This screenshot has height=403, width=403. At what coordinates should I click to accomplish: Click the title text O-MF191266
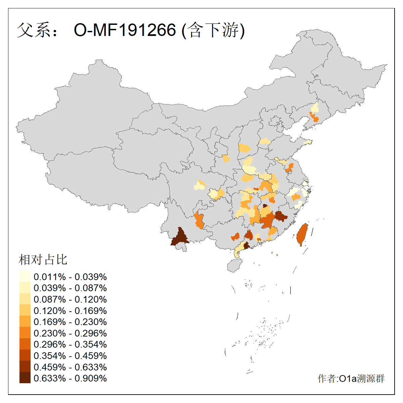(125, 30)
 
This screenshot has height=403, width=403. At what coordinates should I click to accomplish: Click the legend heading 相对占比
(43, 260)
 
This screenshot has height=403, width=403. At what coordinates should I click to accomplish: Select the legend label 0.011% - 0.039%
(70, 277)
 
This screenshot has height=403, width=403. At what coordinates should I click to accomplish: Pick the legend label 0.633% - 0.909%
(70, 378)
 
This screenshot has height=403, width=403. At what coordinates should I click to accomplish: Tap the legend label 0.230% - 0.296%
(70, 333)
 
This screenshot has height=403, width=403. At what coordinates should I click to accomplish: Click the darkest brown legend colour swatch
(25, 378)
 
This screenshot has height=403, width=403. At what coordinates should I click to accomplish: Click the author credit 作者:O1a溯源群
(351, 378)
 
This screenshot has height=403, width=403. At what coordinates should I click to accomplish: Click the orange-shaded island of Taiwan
(301, 234)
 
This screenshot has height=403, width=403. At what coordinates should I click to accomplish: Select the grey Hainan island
(235, 265)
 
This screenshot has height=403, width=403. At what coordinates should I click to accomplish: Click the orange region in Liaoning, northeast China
(315, 118)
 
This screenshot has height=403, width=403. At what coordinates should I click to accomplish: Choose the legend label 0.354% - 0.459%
(70, 356)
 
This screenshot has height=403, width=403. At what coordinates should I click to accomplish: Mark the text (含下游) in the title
(213, 30)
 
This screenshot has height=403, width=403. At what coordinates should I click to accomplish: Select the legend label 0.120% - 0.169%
(70, 311)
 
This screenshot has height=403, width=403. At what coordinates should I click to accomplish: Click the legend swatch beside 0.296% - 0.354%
(25, 344)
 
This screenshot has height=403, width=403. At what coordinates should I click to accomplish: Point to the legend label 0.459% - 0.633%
(70, 367)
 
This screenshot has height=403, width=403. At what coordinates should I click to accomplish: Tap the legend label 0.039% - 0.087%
(70, 288)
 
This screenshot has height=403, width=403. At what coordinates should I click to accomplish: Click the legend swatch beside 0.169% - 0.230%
(25, 322)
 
